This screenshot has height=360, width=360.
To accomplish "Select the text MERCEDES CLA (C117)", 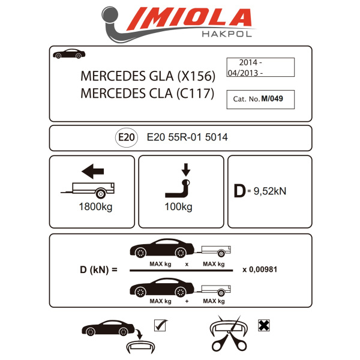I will (x=147, y=94).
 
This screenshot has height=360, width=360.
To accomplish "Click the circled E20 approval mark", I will (x=126, y=137).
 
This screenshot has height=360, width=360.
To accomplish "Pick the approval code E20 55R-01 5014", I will (x=187, y=137).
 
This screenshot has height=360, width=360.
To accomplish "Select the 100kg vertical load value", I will (x=178, y=208).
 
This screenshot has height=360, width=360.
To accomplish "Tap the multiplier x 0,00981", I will (x=260, y=270).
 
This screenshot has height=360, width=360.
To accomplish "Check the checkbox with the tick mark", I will (x=160, y=325).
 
